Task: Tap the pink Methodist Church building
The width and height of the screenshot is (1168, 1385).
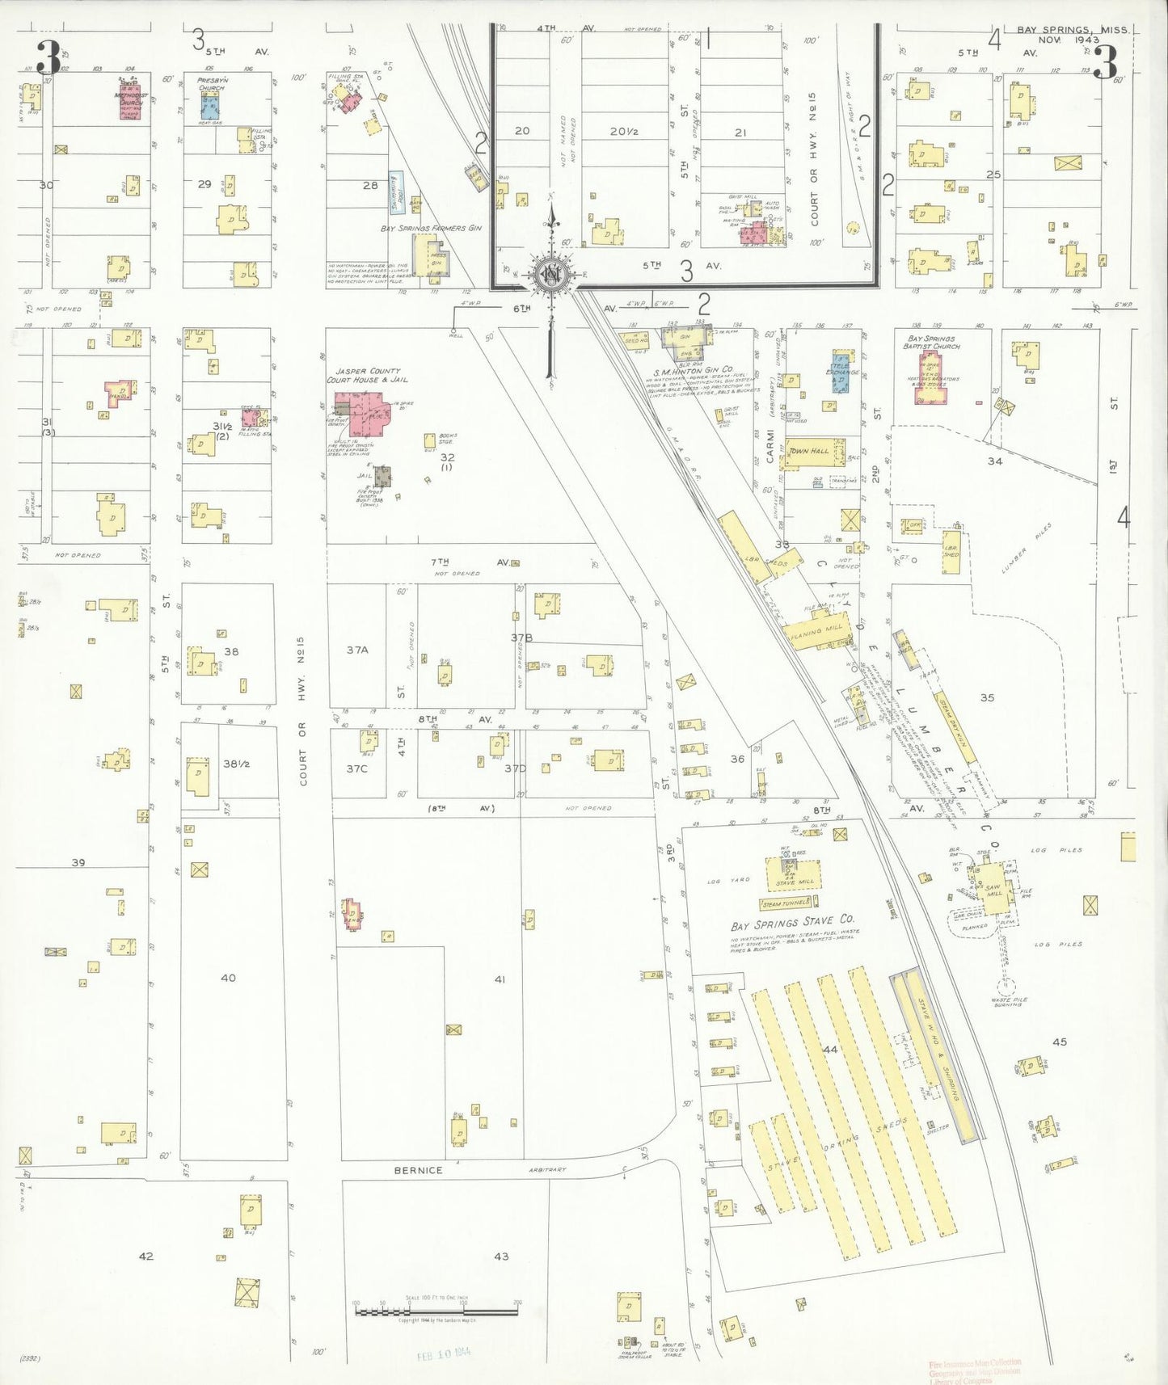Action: click(x=132, y=102)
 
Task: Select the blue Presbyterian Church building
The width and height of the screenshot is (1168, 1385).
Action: click(x=211, y=107)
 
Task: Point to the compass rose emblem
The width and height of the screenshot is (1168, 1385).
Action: click(x=552, y=275)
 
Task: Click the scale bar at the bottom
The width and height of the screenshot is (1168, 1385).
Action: click(x=436, y=1307)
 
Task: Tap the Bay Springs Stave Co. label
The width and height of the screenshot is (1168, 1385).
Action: click(x=792, y=922)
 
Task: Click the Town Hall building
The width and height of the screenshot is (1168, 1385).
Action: click(x=816, y=452)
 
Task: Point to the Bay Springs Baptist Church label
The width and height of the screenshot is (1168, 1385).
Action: click(x=932, y=343)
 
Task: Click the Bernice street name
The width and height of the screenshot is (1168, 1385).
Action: click(x=418, y=1169)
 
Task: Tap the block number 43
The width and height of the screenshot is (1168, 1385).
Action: click(x=501, y=1256)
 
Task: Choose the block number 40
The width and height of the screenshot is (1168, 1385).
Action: click(x=228, y=978)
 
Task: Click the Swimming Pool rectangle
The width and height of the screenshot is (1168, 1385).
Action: click(x=397, y=192)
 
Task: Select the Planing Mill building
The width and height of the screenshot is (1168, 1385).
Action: click(x=816, y=629)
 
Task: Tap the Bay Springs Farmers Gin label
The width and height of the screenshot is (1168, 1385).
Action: click(x=430, y=229)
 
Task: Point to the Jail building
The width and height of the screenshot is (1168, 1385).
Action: click(x=382, y=476)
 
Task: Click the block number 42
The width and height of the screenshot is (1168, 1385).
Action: click(x=145, y=1256)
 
